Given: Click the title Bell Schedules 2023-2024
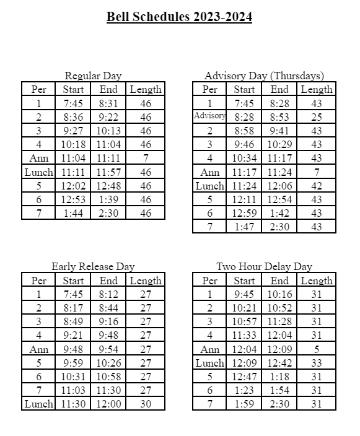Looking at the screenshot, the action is tap(179, 17).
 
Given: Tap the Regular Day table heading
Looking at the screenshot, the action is tap(93, 76).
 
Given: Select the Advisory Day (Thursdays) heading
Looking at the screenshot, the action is tap(264, 76).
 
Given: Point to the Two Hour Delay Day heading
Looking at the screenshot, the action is tap(264, 266).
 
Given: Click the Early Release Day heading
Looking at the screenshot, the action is tap(93, 266).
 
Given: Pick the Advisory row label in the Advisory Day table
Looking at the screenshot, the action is tap(209, 116).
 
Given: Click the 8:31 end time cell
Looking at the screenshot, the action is tap(108, 103).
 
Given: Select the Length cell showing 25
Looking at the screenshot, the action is tap(316, 116).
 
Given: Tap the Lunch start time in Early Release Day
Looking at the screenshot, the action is tap(73, 404).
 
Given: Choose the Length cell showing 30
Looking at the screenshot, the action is tap(145, 404).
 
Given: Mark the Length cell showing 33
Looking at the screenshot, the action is tap(316, 363).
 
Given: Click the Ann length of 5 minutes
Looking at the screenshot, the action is tap(316, 349).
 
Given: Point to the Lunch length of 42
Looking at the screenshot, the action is tap(316, 185).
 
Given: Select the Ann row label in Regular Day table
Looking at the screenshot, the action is tap(38, 158).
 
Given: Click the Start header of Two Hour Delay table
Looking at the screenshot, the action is tap(244, 281).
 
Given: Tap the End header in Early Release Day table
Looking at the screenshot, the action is tap(108, 281).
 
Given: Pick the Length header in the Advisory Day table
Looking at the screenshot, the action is tap(316, 89).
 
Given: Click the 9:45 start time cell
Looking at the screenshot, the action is tap(244, 294).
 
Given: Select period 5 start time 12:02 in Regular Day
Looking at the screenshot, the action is tap(73, 185).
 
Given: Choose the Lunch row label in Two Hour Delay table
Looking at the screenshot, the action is tap(209, 363).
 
